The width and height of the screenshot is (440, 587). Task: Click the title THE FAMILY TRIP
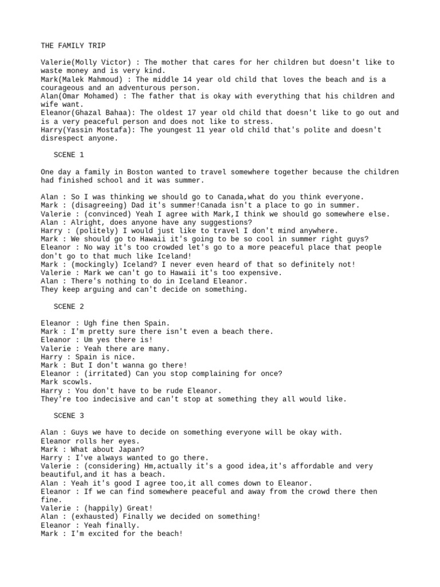click(73, 45)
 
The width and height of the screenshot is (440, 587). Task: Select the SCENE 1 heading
click(69, 155)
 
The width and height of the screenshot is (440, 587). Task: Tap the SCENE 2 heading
click(69, 307)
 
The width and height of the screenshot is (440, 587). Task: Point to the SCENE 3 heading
click(69, 415)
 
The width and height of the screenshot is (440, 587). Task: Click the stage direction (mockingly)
click(89, 264)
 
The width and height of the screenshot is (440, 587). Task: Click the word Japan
click(129, 449)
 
